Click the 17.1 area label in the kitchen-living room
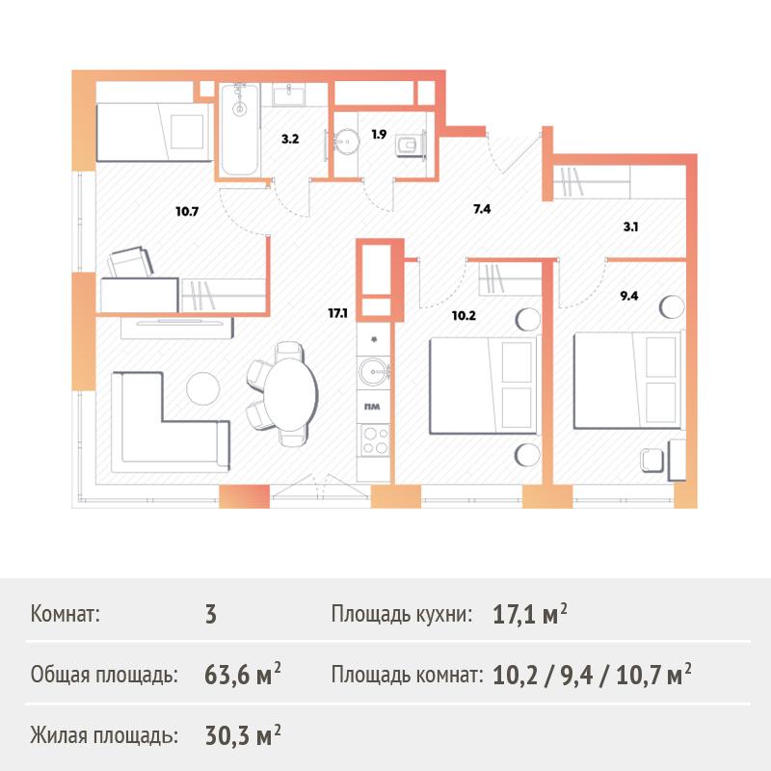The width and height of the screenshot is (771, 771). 338,312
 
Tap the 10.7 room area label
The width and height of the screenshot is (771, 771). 187,211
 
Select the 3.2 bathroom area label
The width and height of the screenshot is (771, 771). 290,139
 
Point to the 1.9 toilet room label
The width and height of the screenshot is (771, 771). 379,134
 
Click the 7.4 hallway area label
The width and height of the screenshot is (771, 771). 482,209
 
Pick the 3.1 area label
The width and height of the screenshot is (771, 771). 631,226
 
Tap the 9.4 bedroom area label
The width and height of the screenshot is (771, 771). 629,296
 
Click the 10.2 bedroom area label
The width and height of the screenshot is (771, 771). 464,315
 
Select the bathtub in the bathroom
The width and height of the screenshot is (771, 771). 239,129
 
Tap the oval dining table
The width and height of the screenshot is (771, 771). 291,394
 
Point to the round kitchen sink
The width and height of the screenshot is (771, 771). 373,372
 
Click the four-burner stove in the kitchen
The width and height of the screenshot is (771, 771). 375,440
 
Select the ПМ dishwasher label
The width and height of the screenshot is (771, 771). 372,407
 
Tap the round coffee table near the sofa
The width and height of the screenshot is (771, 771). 203,388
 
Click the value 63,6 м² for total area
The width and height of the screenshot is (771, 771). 243,674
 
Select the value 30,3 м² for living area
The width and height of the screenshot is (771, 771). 243,735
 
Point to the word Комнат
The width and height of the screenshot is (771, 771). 65,614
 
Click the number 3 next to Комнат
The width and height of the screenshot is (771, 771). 210,614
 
